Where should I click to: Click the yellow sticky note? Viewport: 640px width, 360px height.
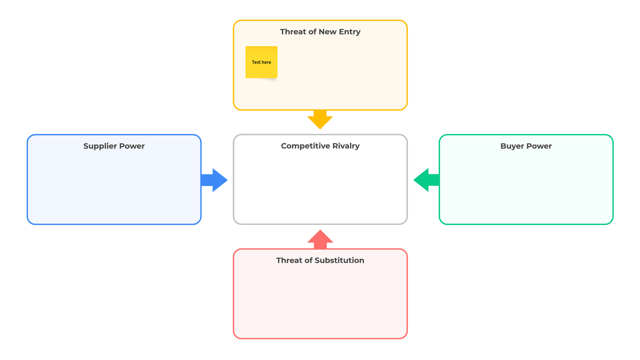pyautogui.click(x=261, y=62)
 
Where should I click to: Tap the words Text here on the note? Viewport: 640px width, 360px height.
pyautogui.click(x=261, y=62)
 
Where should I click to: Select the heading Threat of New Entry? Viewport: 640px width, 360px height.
pyautogui.click(x=320, y=31)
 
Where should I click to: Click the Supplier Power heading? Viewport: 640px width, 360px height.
pyautogui.click(x=114, y=146)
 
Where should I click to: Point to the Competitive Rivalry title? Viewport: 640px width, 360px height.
pyautogui.click(x=320, y=146)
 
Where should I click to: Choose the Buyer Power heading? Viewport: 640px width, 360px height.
pyautogui.click(x=526, y=146)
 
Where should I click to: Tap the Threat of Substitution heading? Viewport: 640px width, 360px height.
pyautogui.click(x=320, y=260)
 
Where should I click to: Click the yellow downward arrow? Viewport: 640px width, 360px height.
pyautogui.click(x=320, y=119)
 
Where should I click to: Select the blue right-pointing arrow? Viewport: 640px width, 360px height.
pyautogui.click(x=214, y=180)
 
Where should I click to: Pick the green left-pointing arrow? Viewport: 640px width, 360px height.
pyautogui.click(x=426, y=180)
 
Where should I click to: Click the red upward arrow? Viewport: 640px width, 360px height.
pyautogui.click(x=320, y=239)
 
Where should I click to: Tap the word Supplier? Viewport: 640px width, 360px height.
pyautogui.click(x=100, y=146)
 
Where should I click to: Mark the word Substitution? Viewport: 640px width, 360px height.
pyautogui.click(x=339, y=260)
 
